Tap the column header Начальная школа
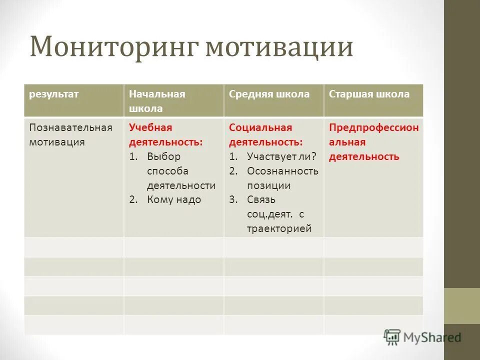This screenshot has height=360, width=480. click(157, 101)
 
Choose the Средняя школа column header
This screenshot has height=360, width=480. click(269, 94)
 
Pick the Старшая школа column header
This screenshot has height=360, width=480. click(369, 94)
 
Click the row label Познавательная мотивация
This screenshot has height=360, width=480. click(70, 134)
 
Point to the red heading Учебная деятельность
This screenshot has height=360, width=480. click(166, 134)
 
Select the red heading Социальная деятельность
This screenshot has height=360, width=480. click(265, 134)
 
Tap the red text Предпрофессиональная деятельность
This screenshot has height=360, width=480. click(373, 142)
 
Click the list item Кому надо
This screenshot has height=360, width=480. click(173, 199)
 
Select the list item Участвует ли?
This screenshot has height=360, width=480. click(281, 156)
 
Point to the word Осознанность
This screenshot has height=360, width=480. click(282, 171)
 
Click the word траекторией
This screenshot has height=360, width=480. click(278, 228)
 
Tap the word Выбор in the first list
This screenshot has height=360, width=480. click(163, 156)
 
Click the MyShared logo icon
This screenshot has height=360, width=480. click(392, 337)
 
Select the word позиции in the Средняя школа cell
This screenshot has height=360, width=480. click(268, 185)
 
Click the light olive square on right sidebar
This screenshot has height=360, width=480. click(461, 305)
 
